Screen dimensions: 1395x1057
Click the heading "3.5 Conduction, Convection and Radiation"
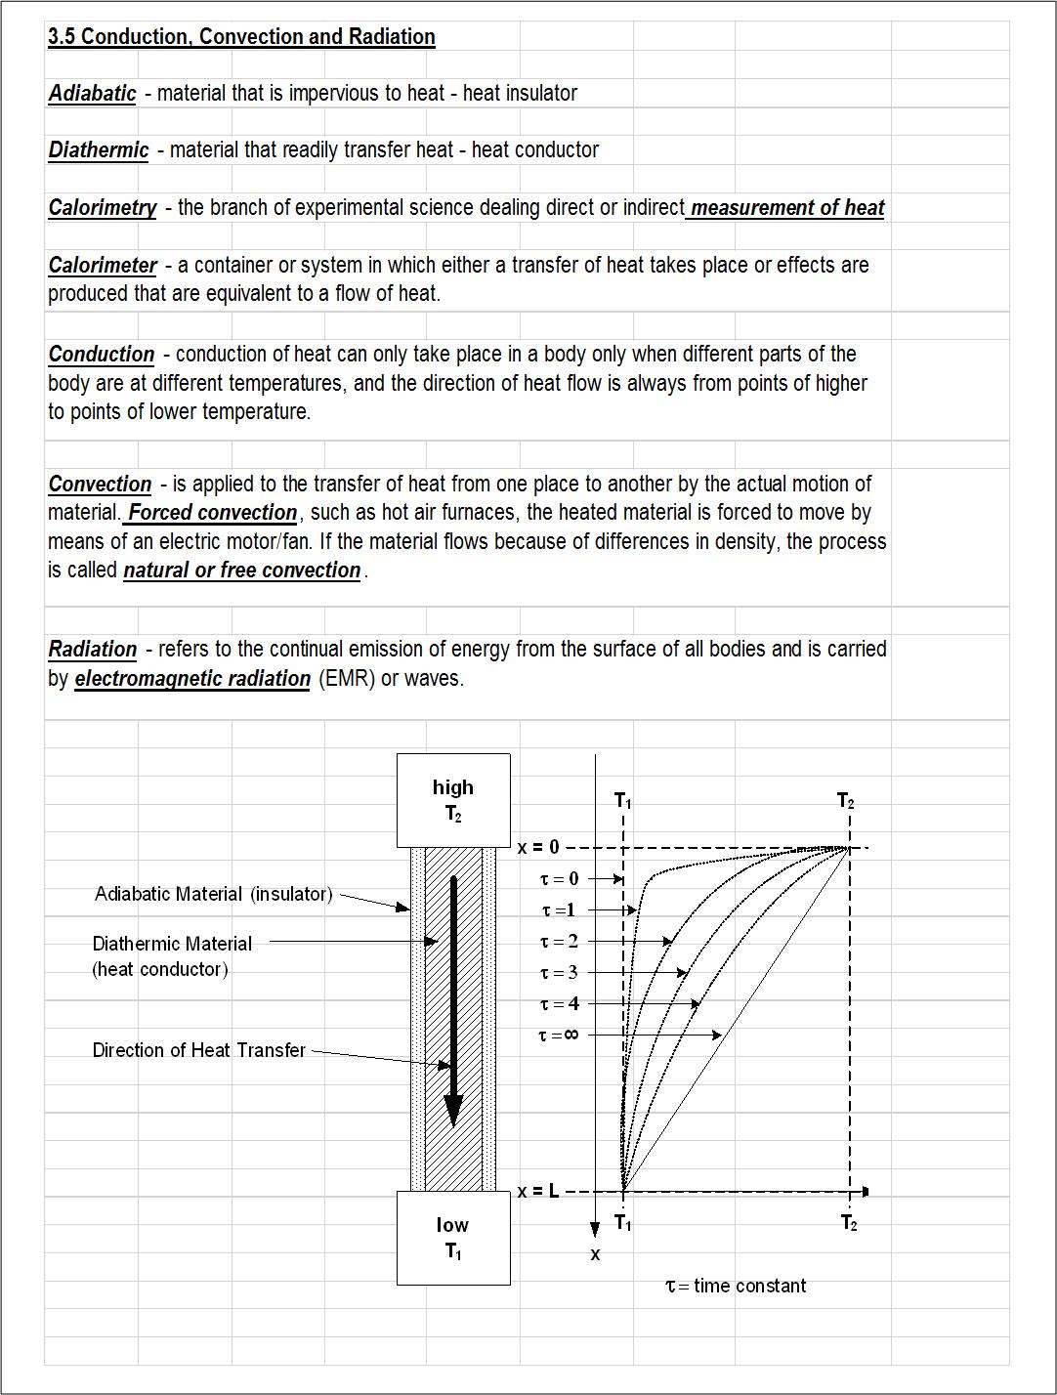tap(241, 37)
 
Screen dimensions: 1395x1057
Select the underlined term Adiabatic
tap(92, 94)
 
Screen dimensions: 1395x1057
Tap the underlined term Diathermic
tap(99, 150)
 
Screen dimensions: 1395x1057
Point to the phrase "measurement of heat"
tap(786, 208)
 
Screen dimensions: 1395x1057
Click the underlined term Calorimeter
tap(103, 266)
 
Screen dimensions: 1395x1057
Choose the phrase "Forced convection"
tap(212, 513)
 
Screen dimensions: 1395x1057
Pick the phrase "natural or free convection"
tap(241, 571)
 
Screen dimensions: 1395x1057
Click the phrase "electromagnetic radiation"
tap(192, 679)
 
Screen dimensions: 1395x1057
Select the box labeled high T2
tap(453, 800)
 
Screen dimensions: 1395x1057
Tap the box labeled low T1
tap(453, 1238)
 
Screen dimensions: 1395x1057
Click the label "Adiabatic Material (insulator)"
tap(213, 894)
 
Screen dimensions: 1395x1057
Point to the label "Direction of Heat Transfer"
tap(198, 1050)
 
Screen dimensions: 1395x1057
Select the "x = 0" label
tap(538, 848)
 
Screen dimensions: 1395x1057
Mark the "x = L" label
tap(538, 1192)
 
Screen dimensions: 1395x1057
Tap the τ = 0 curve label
tap(559, 879)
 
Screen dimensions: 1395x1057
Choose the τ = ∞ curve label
tap(558, 1036)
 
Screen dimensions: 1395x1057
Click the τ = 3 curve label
tap(559, 973)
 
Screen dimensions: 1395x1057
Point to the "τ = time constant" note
tap(736, 1287)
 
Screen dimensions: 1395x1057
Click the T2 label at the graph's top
tap(846, 802)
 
